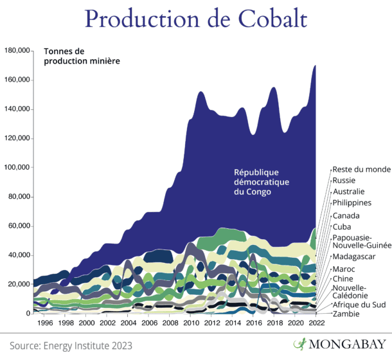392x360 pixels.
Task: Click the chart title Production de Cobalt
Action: [195, 19]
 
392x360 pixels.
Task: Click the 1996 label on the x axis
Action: [46, 323]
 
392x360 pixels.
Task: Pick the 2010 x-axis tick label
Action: [191, 323]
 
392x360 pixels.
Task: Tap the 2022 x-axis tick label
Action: [315, 323]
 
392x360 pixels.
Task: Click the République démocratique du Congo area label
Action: [262, 182]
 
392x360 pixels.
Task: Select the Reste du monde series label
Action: [361, 169]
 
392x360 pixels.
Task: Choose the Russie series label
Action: [344, 181]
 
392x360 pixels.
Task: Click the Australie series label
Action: [348, 192]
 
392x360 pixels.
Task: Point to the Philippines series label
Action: [352, 203]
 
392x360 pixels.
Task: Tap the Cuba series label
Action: [341, 226]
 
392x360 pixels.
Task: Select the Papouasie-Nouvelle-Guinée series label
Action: [361, 242]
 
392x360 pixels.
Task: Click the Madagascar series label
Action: [353, 256]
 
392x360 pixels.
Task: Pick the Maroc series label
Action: [343, 268]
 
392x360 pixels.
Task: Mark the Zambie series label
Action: [345, 314]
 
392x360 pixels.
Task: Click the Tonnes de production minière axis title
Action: [83, 56]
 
